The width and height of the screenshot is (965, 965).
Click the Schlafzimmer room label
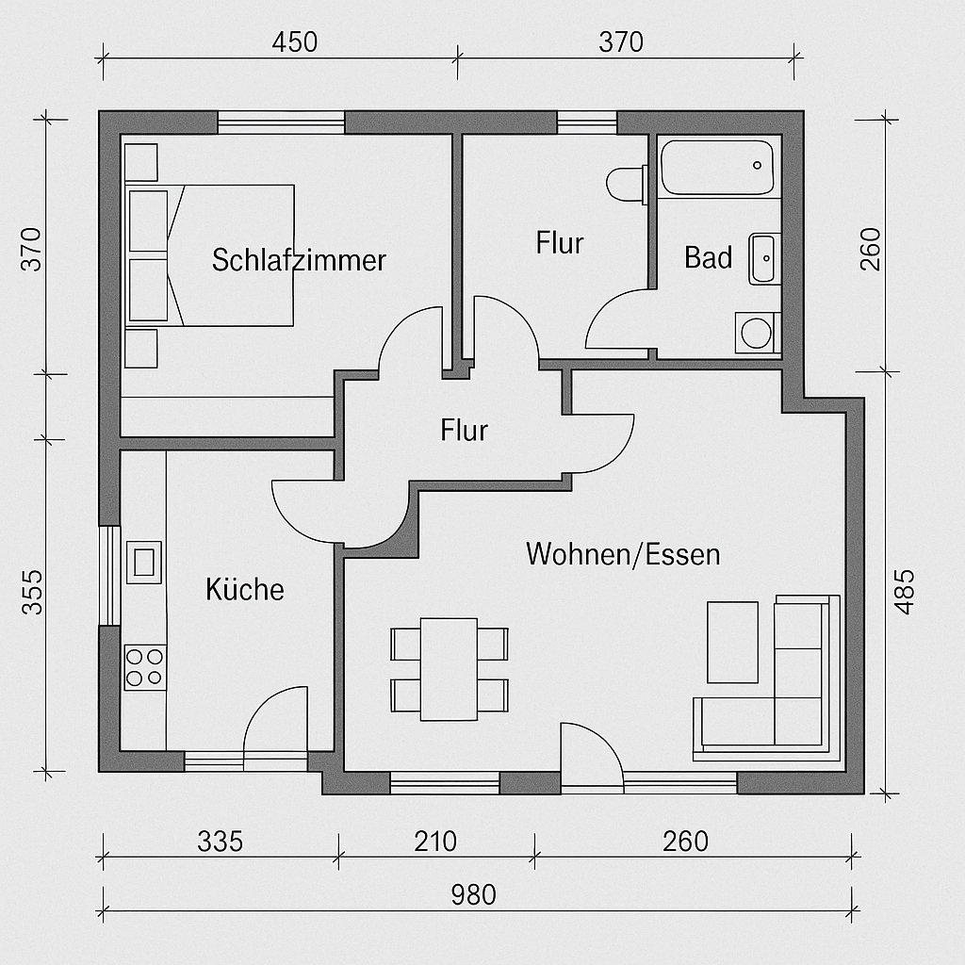tap(299, 260)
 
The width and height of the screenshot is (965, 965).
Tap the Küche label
tap(245, 589)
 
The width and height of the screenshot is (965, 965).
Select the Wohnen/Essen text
tap(623, 554)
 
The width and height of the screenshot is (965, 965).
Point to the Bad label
tap(709, 257)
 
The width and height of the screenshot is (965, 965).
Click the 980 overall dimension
tap(473, 895)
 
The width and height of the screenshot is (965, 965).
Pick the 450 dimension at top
tap(295, 42)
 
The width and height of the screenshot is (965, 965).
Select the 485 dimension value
tap(904, 592)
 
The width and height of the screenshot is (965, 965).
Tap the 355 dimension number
tap(33, 592)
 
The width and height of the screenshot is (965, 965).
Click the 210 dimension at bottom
tap(435, 842)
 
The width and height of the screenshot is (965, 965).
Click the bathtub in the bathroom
tap(717, 168)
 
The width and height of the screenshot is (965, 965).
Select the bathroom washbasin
tap(764, 258)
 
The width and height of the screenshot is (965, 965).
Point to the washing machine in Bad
tap(758, 333)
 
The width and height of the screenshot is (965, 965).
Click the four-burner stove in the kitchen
tap(145, 667)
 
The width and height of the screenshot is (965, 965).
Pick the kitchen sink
tap(144, 563)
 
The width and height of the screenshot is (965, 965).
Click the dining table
tap(450, 669)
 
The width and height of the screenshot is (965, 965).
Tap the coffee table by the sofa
tap(732, 643)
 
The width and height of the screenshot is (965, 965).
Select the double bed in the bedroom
tap(210, 255)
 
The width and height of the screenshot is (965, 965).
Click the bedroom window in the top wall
tap(281, 122)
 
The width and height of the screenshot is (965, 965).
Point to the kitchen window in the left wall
tap(109, 576)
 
